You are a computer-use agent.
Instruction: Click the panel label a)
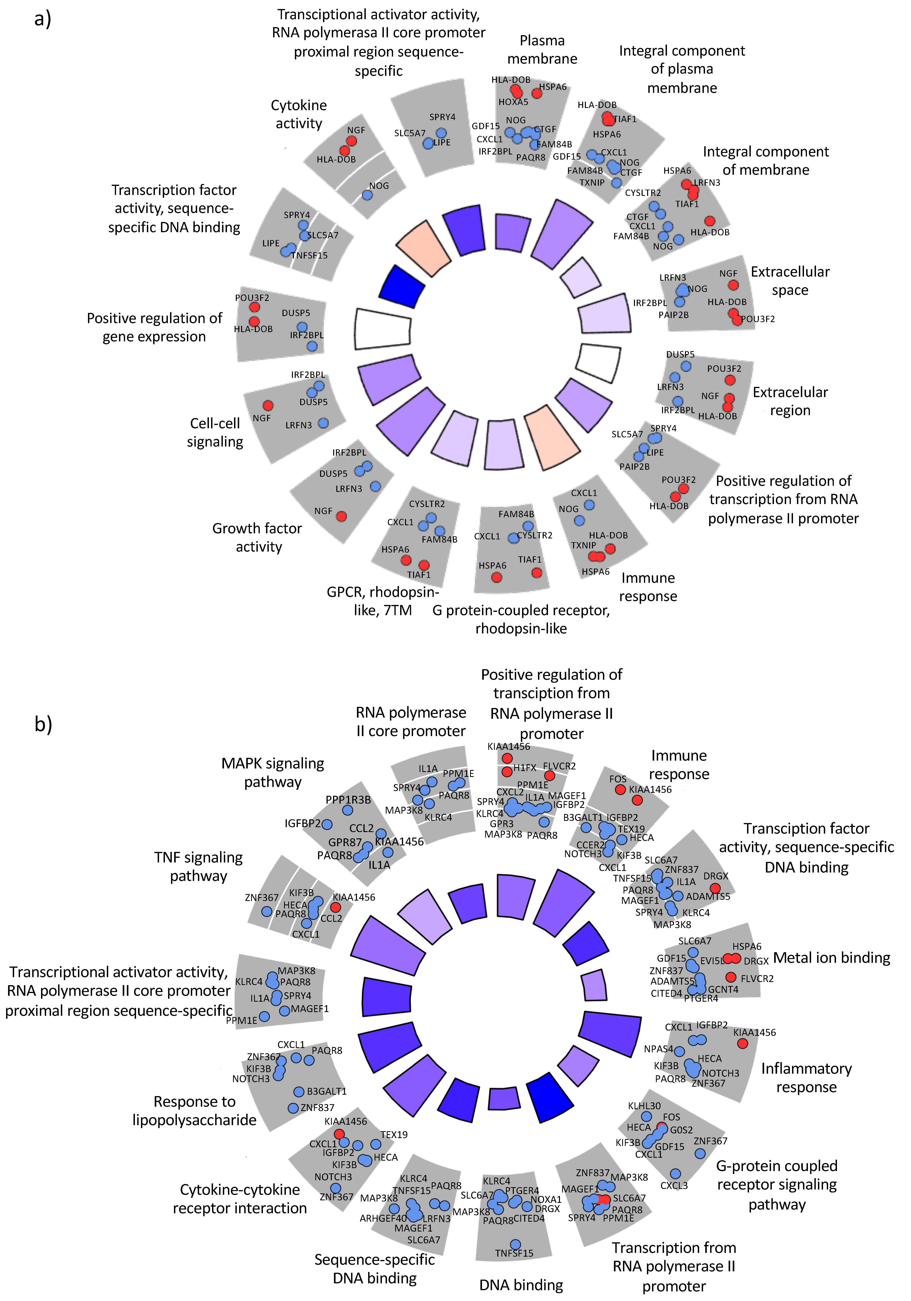(43, 19)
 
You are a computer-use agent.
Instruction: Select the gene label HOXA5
(513, 102)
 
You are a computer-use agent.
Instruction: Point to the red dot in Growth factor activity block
(341, 516)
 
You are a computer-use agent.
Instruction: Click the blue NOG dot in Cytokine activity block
(367, 195)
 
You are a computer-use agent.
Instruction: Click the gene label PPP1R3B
(348, 799)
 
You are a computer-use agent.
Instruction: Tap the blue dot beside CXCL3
(675, 1173)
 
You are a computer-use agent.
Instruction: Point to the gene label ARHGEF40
(383, 1218)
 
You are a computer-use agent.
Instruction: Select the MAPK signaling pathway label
(273, 772)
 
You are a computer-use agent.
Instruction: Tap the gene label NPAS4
(658, 1049)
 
